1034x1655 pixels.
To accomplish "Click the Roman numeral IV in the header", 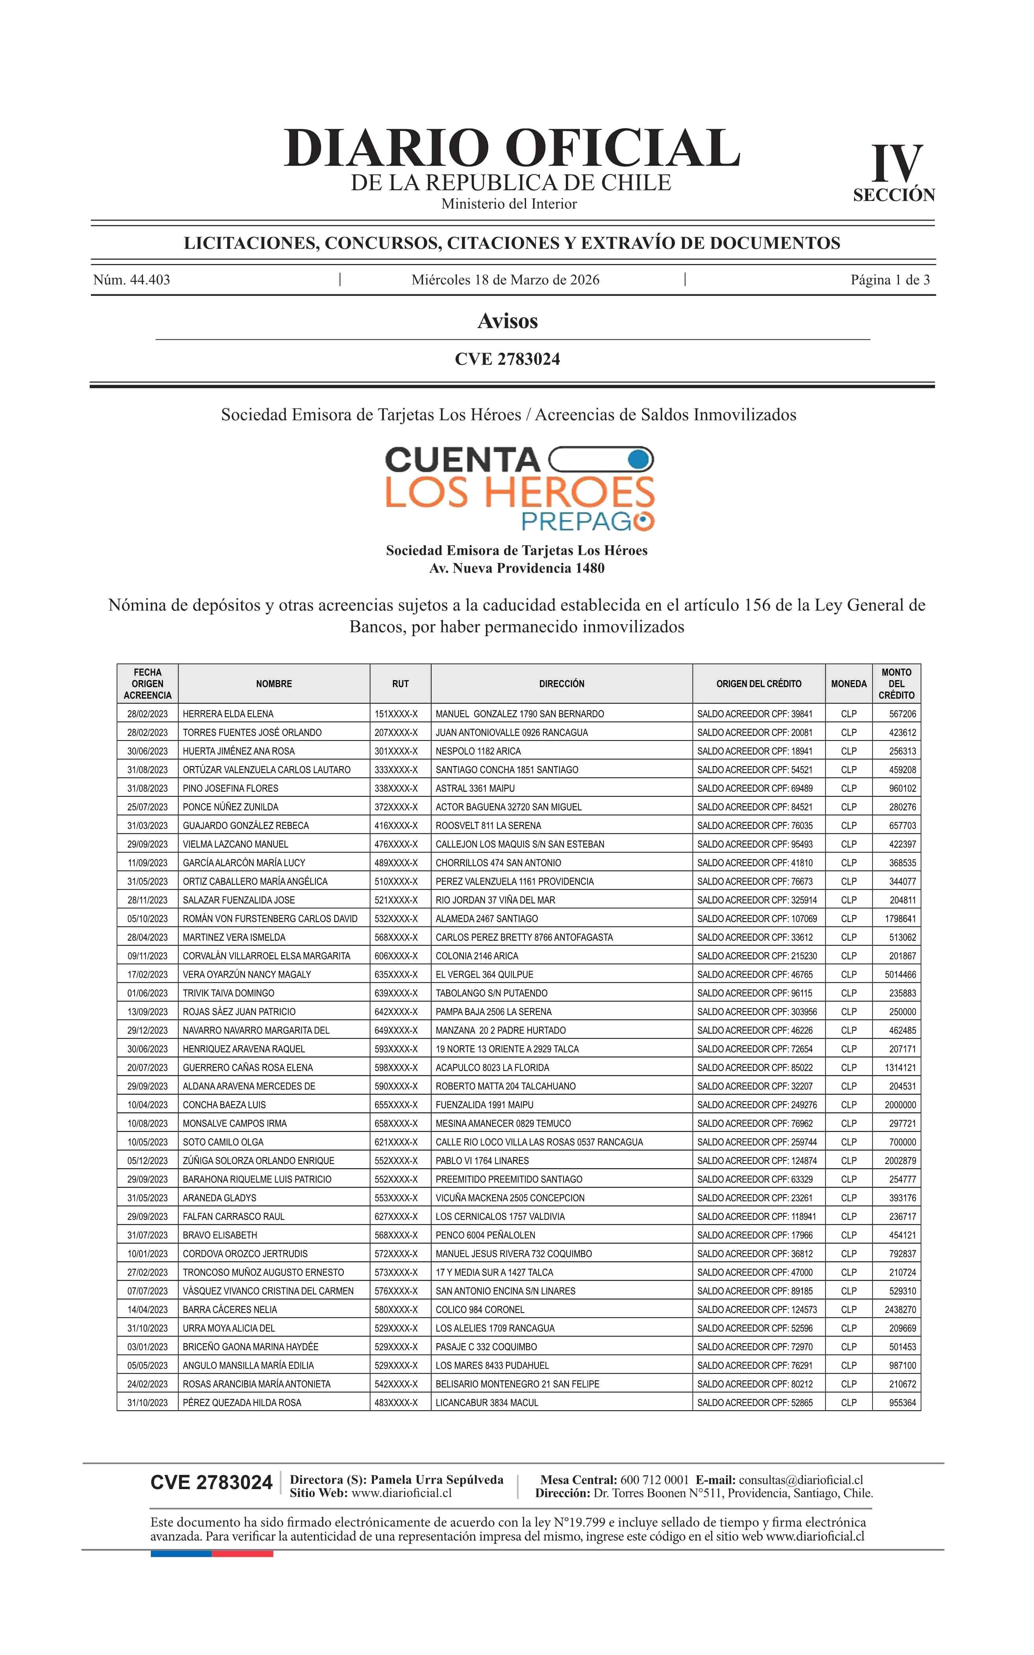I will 897,164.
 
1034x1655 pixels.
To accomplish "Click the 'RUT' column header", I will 400,684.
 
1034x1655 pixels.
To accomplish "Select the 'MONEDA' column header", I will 848,684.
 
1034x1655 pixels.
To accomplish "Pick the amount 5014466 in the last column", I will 900,974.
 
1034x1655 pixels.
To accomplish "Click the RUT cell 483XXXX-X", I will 396,1402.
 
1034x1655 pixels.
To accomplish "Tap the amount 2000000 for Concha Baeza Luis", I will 900,1104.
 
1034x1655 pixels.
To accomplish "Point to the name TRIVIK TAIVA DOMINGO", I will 228,993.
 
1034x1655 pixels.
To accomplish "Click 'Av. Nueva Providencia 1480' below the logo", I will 516,568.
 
